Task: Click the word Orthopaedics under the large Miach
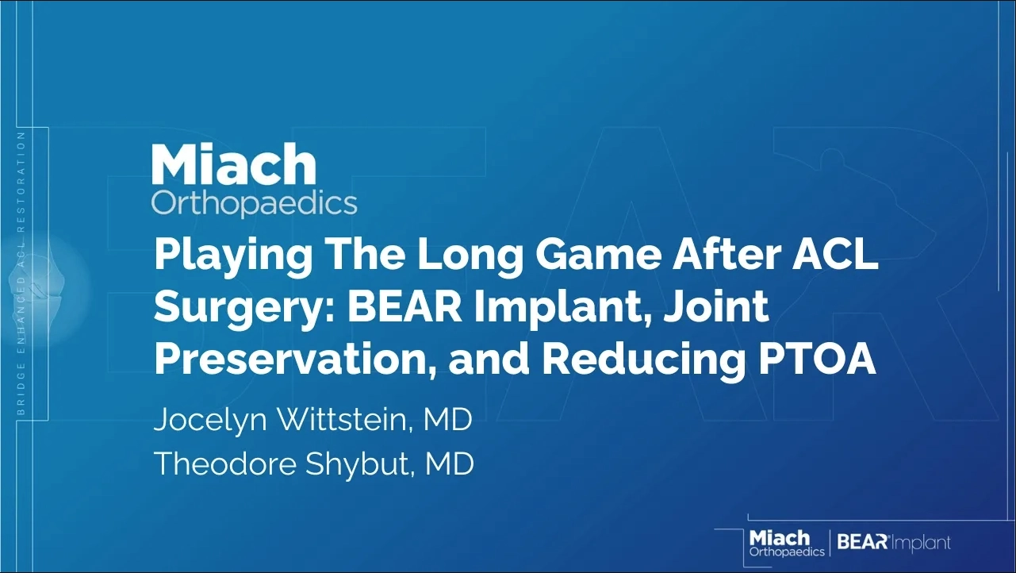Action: (254, 204)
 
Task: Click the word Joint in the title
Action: (718, 306)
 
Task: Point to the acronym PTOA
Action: (817, 360)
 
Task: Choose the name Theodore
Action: (225, 463)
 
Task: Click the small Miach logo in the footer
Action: (787, 543)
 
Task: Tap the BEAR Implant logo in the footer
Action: (894, 543)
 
